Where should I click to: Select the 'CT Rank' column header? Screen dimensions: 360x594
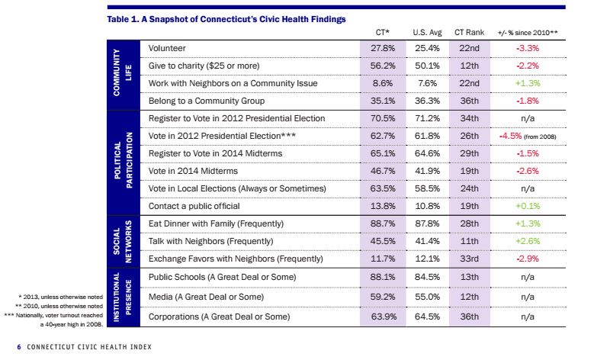click(x=470, y=33)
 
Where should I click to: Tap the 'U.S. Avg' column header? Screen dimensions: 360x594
click(x=426, y=33)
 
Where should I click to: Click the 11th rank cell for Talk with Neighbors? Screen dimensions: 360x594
click(x=470, y=241)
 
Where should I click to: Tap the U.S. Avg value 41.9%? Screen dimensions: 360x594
click(x=426, y=171)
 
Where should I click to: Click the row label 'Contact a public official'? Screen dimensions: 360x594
click(x=194, y=206)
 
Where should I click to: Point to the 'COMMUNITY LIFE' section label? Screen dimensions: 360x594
click(x=123, y=75)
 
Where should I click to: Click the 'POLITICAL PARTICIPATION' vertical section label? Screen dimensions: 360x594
click(x=123, y=162)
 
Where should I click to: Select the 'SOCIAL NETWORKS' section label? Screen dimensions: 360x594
click(x=123, y=241)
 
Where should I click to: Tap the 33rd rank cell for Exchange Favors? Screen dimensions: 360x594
click(x=470, y=259)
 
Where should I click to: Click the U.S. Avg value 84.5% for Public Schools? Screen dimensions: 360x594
click(x=426, y=277)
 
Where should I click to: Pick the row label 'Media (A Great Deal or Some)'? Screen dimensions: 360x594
click(x=206, y=295)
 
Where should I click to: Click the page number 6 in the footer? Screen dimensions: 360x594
click(x=18, y=347)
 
